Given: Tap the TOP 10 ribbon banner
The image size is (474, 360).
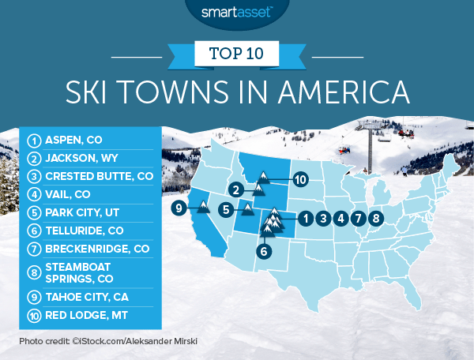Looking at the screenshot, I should [237, 55].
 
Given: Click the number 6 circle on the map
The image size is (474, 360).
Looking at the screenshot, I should [264, 252].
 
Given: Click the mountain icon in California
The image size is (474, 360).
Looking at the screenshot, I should [202, 207].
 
